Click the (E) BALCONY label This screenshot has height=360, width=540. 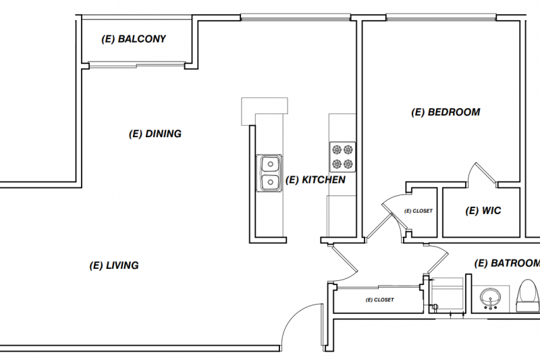click(x=133, y=39)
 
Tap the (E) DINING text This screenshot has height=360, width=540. click(x=155, y=134)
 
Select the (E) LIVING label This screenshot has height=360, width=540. click(x=113, y=265)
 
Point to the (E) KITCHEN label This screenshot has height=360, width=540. click(x=315, y=180)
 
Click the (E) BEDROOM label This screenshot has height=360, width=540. click(x=446, y=112)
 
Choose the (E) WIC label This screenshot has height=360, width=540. click(x=483, y=211)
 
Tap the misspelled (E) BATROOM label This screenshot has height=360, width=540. click(x=506, y=263)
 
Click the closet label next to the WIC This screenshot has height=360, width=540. click(x=418, y=211)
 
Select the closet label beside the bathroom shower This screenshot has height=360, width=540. click(x=379, y=299)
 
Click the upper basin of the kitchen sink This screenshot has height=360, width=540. click(x=269, y=164)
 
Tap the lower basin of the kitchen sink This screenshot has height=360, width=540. click(x=269, y=182)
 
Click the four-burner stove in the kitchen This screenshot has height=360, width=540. click(x=342, y=157)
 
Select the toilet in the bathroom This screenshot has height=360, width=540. click(x=526, y=295)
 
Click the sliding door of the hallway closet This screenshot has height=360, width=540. click(x=378, y=287)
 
